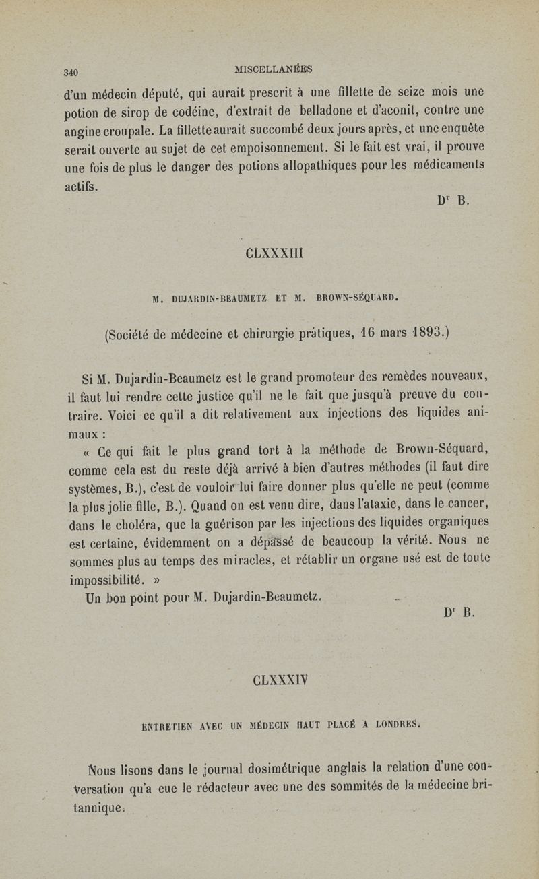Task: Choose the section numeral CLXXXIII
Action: point(268,255)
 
